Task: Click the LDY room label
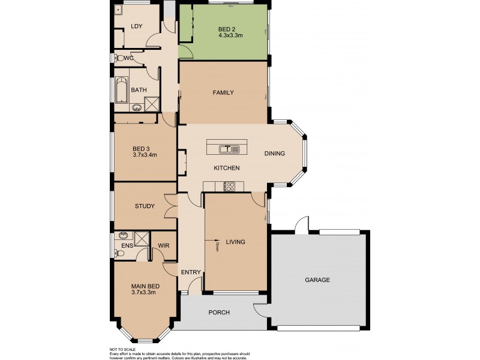(136, 26)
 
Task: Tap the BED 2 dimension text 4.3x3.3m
(230, 35)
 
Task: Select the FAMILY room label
(223, 92)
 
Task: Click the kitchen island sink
(226, 148)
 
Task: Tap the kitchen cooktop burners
(229, 186)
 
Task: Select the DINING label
(275, 154)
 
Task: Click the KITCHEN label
(227, 168)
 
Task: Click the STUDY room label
(145, 206)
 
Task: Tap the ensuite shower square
(142, 239)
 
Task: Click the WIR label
(163, 245)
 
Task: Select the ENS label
(127, 245)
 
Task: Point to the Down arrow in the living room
(215, 243)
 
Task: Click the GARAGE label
(317, 280)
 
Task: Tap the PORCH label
(219, 313)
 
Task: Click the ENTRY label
(191, 272)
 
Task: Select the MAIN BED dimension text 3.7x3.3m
(144, 293)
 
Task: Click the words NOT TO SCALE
(122, 349)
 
